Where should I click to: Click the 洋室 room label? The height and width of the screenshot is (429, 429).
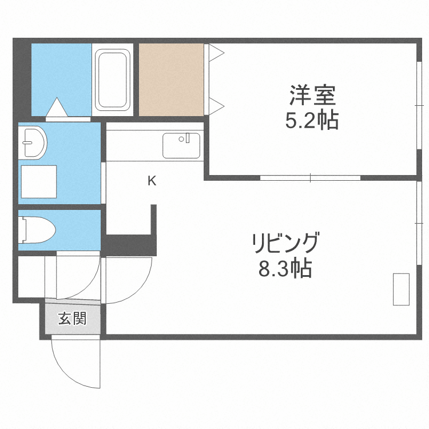312,93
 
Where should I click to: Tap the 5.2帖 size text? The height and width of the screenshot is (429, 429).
312,120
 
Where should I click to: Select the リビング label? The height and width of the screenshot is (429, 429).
285,244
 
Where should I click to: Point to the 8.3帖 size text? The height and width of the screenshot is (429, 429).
285,268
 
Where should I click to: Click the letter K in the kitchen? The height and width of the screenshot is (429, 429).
152,181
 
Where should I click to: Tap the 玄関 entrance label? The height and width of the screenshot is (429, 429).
72,319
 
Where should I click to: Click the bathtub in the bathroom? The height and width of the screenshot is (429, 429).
112,80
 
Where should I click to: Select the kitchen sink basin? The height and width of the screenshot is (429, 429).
181,145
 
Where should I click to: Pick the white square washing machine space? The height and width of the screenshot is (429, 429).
39,181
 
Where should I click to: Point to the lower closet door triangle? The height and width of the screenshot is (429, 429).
216,105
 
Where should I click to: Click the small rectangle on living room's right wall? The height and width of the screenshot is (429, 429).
401,289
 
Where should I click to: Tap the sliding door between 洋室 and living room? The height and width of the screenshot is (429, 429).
311,177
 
